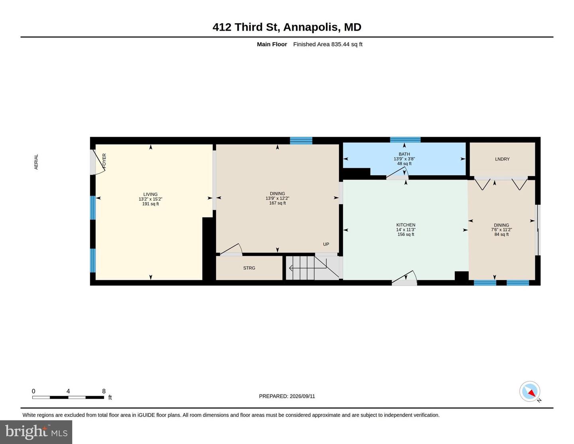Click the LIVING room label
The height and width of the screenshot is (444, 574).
click(x=150, y=194)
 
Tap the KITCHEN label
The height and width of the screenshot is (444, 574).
click(x=406, y=225)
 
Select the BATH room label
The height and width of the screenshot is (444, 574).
click(x=404, y=154)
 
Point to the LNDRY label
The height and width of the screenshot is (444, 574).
click(x=502, y=159)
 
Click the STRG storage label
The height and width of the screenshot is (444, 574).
click(x=249, y=268)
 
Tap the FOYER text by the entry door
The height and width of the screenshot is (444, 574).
click(x=104, y=161)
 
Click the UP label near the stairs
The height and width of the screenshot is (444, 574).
click(x=326, y=244)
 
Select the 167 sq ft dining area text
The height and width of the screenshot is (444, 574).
click(x=277, y=203)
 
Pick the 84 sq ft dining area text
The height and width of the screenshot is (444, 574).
click(x=501, y=234)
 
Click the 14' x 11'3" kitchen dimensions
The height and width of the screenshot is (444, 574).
click(x=406, y=230)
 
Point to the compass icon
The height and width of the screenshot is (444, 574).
click(x=530, y=391)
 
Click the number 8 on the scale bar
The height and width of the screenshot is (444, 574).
click(x=104, y=391)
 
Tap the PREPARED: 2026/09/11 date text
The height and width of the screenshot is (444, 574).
click(x=287, y=396)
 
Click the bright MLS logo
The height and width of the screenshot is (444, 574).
click(x=36, y=432)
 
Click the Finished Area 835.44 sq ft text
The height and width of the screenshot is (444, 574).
click(x=328, y=44)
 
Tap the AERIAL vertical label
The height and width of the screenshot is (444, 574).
click(x=36, y=162)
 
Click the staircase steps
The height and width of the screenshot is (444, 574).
click(x=313, y=268)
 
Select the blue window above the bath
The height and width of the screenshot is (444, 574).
click(x=405, y=140)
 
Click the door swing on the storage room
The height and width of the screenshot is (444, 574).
click(x=231, y=249)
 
